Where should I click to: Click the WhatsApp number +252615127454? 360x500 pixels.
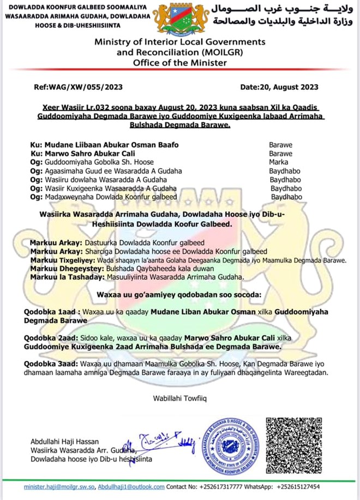click(299, 486)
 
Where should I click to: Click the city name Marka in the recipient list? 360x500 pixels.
click(279, 163)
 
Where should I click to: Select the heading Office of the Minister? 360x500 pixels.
click(180, 63)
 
